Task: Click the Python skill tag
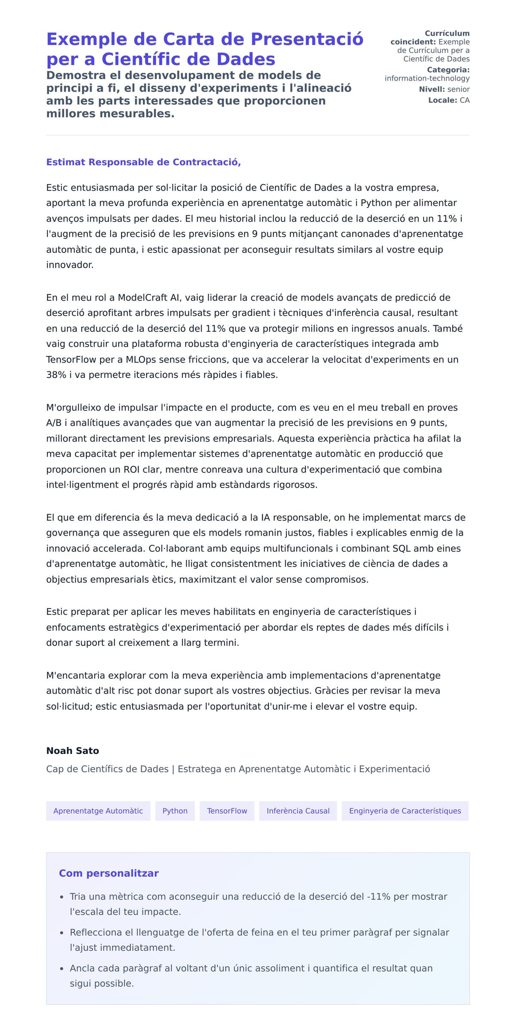coord(175,811)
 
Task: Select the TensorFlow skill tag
coord(227,811)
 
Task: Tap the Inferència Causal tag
coord(298,811)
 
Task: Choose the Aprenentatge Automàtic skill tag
coord(98,811)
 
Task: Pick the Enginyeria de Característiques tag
coord(405,811)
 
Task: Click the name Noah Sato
coord(73,750)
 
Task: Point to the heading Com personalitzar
coord(109,873)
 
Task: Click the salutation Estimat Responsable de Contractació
coord(143,162)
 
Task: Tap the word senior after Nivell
coord(458,89)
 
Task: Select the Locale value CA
coord(464,100)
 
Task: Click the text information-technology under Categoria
coord(427,78)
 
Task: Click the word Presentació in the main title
coord(307,39)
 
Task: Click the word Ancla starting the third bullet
coord(82,968)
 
